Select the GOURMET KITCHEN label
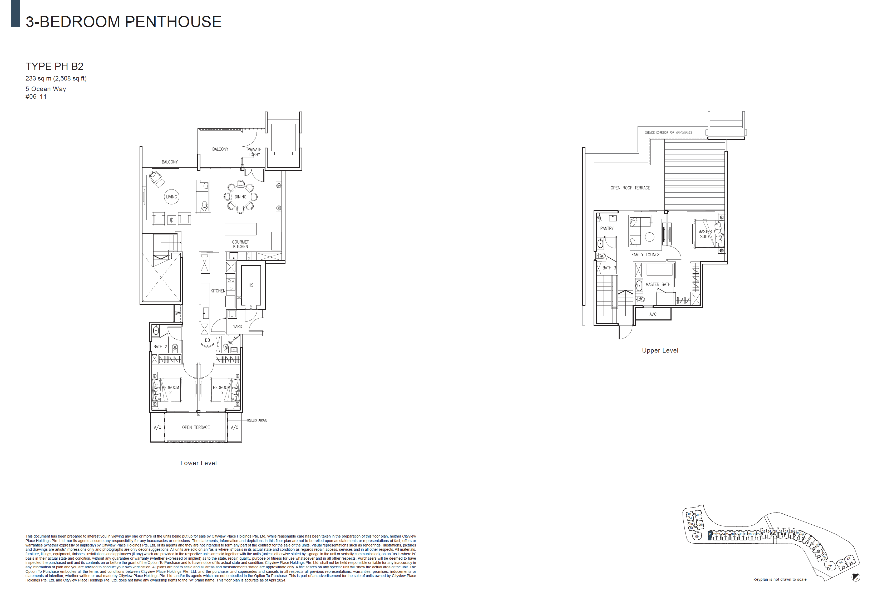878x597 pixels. tap(240, 244)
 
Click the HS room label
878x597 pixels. tap(251, 285)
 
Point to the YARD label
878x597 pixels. tap(237, 327)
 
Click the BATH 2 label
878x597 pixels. tap(160, 347)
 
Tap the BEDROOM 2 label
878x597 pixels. tap(170, 390)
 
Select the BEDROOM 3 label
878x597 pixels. tap(221, 390)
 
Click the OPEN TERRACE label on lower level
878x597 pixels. tap(196, 427)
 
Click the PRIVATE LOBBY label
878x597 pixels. tap(254, 152)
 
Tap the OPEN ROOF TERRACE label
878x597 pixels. tap(630, 188)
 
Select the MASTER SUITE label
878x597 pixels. tap(705, 234)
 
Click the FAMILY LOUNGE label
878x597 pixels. tap(645, 255)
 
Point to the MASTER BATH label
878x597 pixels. tap(658, 284)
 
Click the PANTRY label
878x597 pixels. tap(607, 228)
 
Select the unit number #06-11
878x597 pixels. tap(36, 97)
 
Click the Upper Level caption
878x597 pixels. tap(660, 350)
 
